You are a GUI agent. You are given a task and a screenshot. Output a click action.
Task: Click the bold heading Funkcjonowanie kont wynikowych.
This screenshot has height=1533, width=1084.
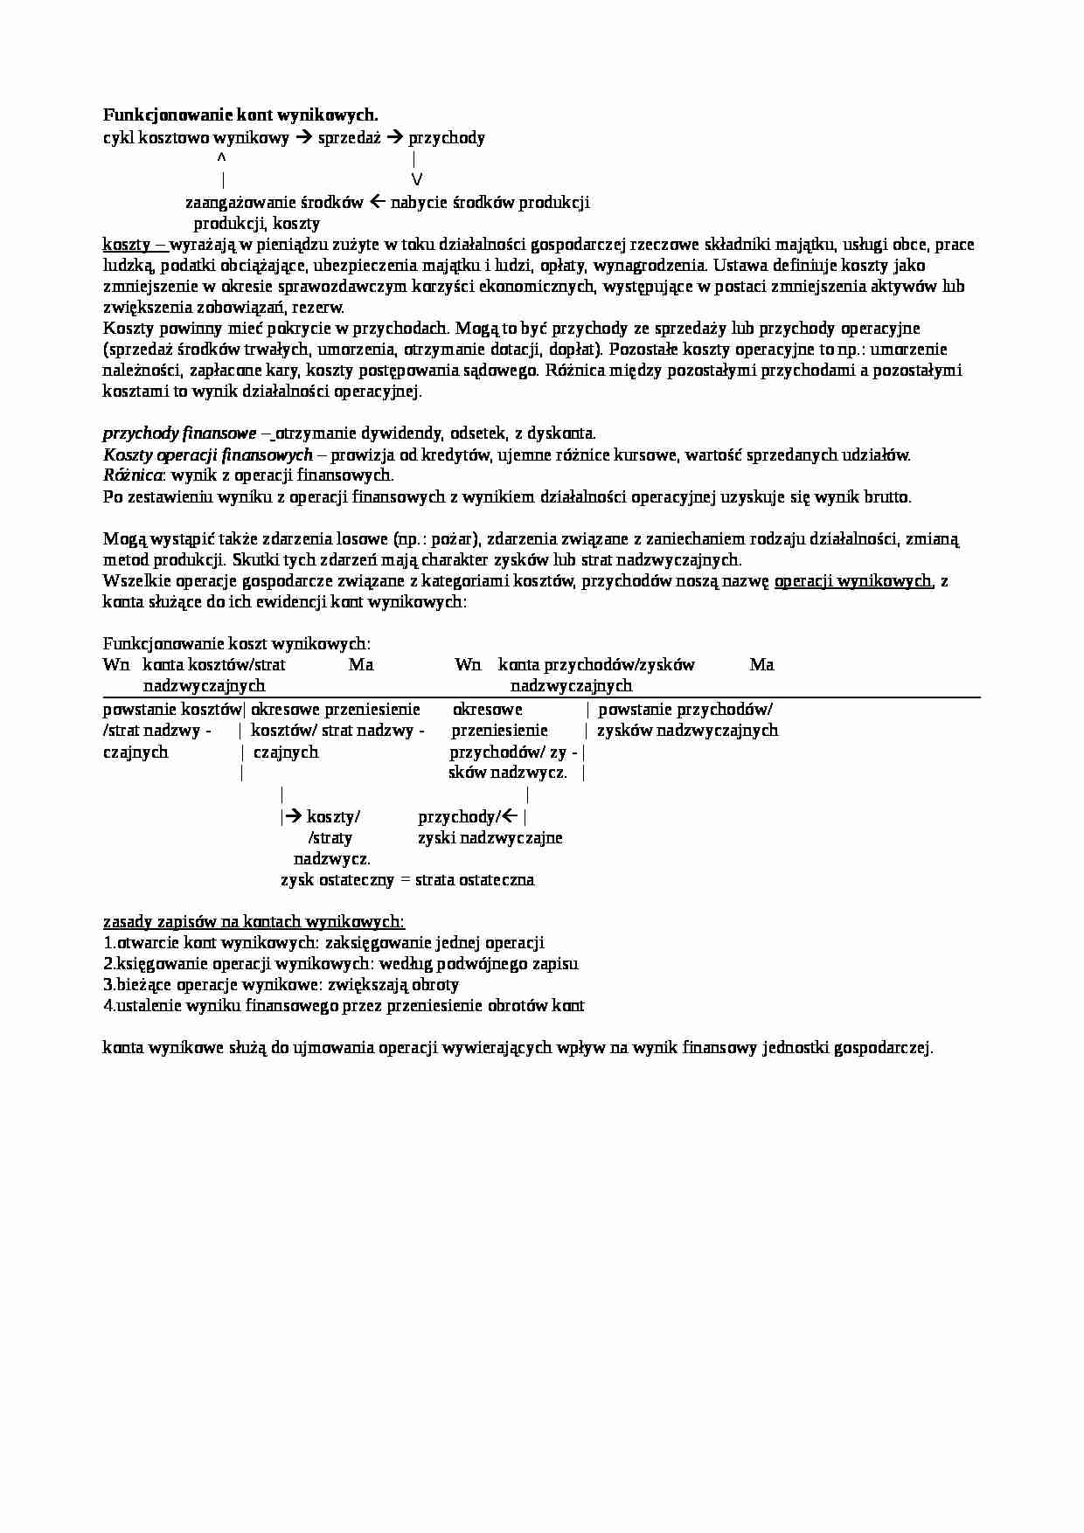click(x=240, y=115)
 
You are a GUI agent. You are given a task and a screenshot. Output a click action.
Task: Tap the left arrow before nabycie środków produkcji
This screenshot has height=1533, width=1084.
click(x=377, y=202)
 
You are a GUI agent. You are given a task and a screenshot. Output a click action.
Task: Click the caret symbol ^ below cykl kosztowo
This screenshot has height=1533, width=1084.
click(x=221, y=158)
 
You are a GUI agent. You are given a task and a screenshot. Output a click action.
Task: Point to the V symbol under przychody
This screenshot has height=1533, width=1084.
click(x=416, y=179)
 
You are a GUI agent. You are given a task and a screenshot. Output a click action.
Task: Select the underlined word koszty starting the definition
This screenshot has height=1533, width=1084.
click(x=127, y=244)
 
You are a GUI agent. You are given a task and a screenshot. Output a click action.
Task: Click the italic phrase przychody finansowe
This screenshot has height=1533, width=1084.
click(x=179, y=434)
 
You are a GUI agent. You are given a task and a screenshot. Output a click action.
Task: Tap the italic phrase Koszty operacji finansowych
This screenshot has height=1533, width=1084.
click(x=207, y=454)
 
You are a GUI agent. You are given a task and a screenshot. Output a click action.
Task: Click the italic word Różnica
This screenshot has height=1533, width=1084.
click(x=132, y=475)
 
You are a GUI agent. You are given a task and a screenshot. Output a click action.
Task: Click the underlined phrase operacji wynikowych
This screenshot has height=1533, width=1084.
click(x=853, y=580)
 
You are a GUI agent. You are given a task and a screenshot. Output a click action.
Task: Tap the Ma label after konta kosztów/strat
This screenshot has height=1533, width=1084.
click(x=361, y=665)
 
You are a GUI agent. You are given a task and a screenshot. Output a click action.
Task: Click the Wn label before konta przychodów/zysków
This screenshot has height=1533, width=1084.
click(x=468, y=665)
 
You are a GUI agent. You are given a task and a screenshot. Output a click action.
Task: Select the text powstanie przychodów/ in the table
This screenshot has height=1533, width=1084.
click(x=684, y=710)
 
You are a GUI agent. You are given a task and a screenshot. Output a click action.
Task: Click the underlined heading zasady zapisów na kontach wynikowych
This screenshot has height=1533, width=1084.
click(x=254, y=921)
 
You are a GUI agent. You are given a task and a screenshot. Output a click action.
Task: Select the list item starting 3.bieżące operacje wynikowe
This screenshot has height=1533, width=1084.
click(x=281, y=984)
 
